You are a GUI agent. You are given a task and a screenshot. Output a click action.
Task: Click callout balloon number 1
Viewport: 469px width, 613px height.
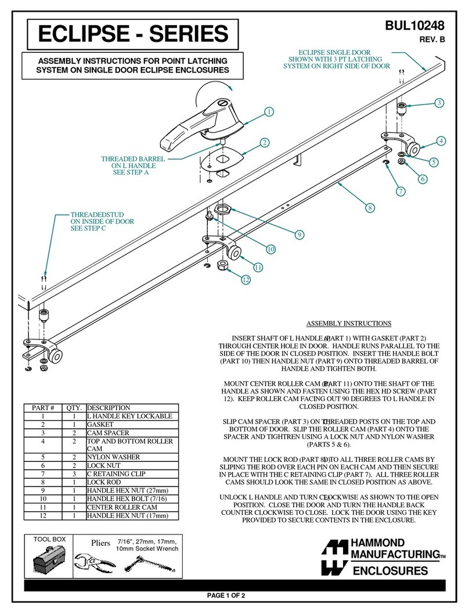click(x=269, y=112)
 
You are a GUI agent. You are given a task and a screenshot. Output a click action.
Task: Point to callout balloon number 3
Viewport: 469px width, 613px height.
click(x=439, y=103)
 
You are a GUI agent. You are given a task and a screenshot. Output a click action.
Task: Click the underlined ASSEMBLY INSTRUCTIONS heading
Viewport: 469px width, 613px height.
click(x=348, y=324)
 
